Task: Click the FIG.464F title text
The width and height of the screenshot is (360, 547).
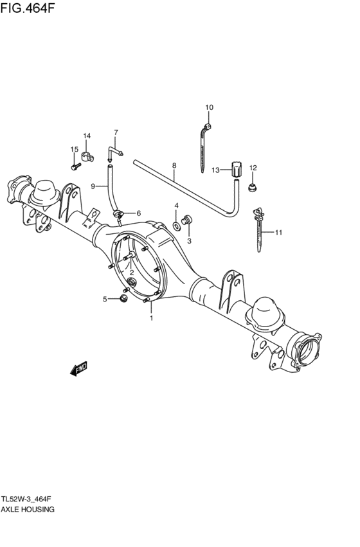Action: pos(28,7)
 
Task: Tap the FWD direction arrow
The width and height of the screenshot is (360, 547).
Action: pos(78,368)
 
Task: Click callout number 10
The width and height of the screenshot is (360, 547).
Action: pos(209,107)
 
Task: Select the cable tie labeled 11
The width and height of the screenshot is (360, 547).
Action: pos(258,229)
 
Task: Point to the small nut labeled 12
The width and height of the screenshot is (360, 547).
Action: pos(252,187)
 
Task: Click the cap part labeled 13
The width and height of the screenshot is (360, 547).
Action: pos(236,170)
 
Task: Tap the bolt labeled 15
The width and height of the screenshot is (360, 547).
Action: pos(76,166)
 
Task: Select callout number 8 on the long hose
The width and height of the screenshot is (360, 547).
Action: pos(174,165)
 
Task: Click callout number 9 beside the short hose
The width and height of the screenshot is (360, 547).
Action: pos(93,186)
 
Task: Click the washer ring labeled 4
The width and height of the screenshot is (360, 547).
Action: pos(177,226)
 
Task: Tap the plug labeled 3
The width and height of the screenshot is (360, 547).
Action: pos(187,220)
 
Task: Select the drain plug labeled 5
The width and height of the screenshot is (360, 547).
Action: pos(123,298)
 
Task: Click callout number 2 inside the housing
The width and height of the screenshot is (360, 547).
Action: pos(132,273)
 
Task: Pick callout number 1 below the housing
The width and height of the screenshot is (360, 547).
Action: pos(152,318)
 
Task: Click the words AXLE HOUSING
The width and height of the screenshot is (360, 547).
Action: pos(27,509)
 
